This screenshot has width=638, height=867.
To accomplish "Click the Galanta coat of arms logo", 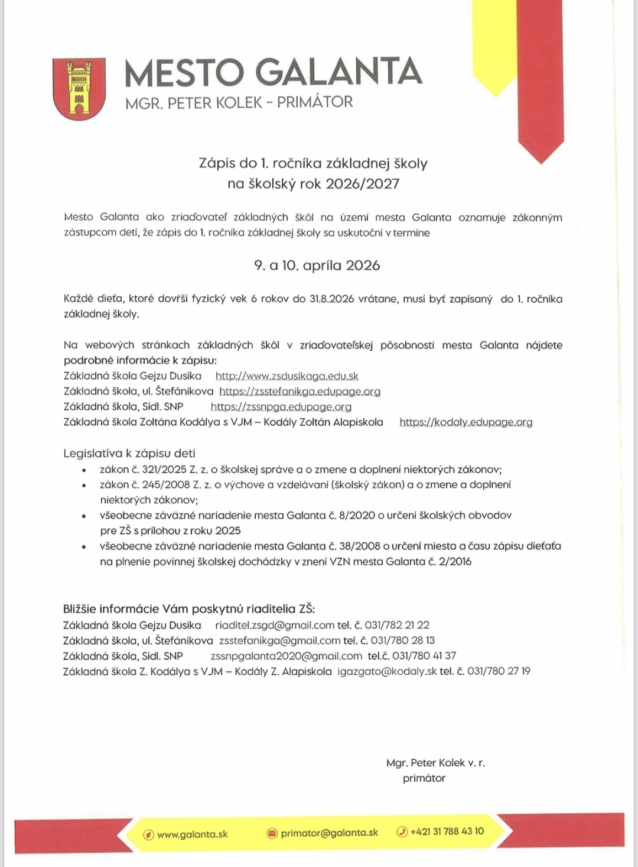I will [x=79, y=89].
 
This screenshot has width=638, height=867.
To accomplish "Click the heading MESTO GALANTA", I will [x=273, y=72].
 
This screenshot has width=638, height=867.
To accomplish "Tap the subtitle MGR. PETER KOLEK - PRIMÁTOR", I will [x=239, y=102].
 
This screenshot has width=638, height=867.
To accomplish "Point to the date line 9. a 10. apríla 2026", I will [x=317, y=265].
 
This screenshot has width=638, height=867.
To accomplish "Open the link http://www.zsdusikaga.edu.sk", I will [x=287, y=376].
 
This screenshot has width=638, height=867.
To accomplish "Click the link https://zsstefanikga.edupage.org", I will [x=300, y=392].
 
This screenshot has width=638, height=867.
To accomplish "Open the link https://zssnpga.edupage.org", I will [x=281, y=407].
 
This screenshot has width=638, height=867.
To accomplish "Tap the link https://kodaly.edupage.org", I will [x=466, y=422].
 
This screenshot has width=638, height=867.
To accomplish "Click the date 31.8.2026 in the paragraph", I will [x=331, y=299].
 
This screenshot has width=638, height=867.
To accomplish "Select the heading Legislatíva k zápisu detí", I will [x=129, y=454].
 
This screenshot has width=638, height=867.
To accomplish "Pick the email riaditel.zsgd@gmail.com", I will [x=275, y=625].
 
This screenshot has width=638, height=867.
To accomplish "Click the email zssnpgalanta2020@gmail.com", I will [x=286, y=656].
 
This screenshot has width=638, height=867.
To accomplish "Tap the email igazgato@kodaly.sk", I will [x=387, y=671].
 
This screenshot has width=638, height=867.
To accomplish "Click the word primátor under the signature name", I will [x=424, y=778].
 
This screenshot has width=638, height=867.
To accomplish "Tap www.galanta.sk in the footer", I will [x=192, y=834].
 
